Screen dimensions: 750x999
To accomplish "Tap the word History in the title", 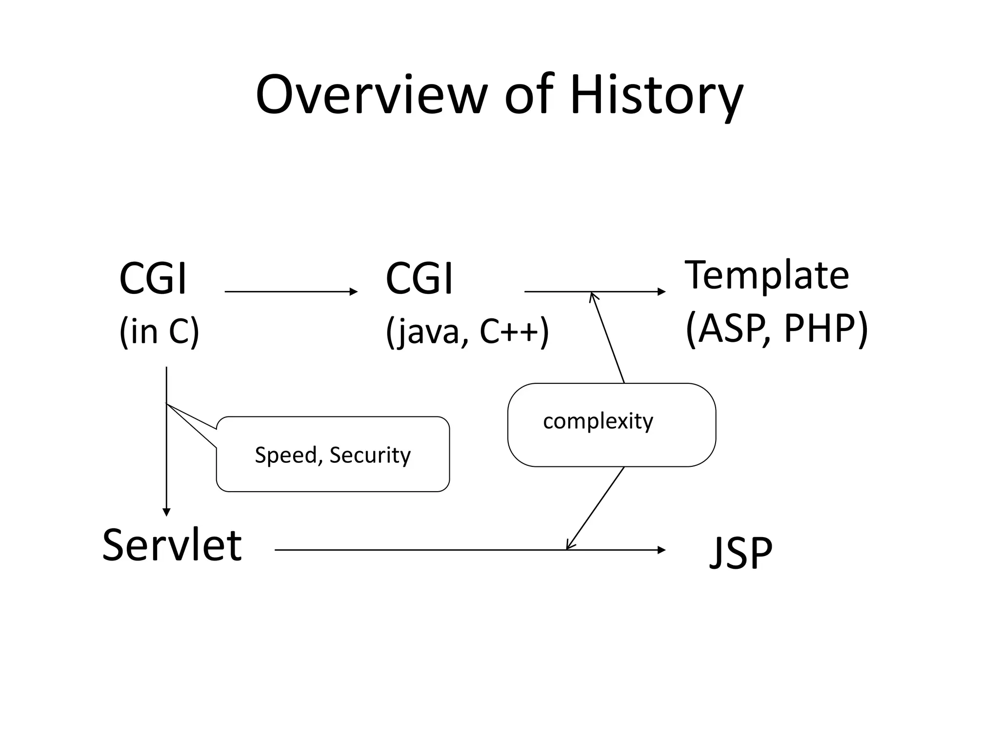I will tap(656, 95).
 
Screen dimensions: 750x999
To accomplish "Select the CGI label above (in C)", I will tap(153, 279).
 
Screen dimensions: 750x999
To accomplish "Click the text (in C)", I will tap(159, 332).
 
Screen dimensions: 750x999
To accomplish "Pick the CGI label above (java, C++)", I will tap(419, 279).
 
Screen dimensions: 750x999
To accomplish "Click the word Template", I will tap(767, 275).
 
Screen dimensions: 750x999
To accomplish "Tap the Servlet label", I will tap(172, 545).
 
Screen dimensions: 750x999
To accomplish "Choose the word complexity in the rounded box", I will tap(598, 421).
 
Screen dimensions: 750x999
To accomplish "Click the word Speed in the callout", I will tap(286, 455).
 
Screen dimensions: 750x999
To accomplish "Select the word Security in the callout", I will tap(370, 455).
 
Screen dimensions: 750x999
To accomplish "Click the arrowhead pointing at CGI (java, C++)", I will tap(354, 292).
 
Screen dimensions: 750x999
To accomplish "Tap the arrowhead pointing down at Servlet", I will tap(166, 512).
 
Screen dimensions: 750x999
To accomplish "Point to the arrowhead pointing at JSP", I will tap(661, 550).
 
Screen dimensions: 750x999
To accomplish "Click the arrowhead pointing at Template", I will tap(661, 292).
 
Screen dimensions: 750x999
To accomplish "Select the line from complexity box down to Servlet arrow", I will tap(595, 508).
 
